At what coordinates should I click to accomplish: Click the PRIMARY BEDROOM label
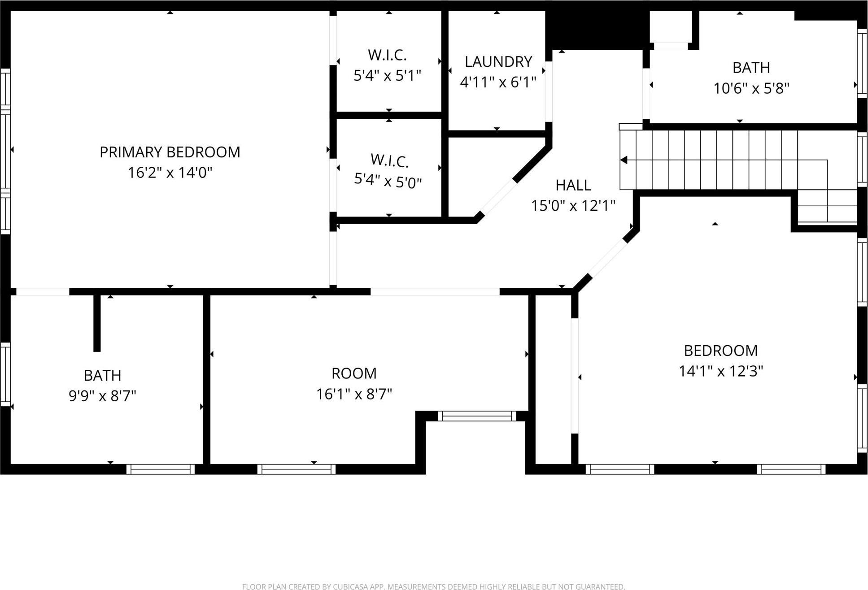click(170, 152)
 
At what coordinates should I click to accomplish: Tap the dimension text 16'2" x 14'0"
click(170, 173)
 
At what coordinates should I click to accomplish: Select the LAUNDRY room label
click(498, 61)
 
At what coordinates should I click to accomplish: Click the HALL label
click(573, 185)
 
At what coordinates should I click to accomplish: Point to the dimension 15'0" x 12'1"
click(573, 206)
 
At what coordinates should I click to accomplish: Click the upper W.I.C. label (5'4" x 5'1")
click(387, 55)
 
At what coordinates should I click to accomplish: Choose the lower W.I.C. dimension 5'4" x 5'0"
click(388, 182)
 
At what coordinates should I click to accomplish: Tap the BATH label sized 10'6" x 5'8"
click(751, 68)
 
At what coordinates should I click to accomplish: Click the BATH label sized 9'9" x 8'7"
click(102, 375)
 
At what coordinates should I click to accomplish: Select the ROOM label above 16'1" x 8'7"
click(354, 373)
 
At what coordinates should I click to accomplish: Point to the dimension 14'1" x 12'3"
click(720, 371)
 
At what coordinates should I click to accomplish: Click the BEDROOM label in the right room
click(720, 350)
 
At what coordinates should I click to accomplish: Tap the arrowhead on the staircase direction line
click(624, 160)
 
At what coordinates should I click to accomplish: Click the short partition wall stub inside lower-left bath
click(97, 323)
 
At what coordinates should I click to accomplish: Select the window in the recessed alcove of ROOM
click(477, 416)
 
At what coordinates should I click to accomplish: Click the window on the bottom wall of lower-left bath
click(160, 469)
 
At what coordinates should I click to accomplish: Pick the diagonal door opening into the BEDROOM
click(606, 259)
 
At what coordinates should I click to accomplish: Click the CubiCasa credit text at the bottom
click(433, 586)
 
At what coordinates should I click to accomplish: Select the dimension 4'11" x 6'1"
click(498, 82)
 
